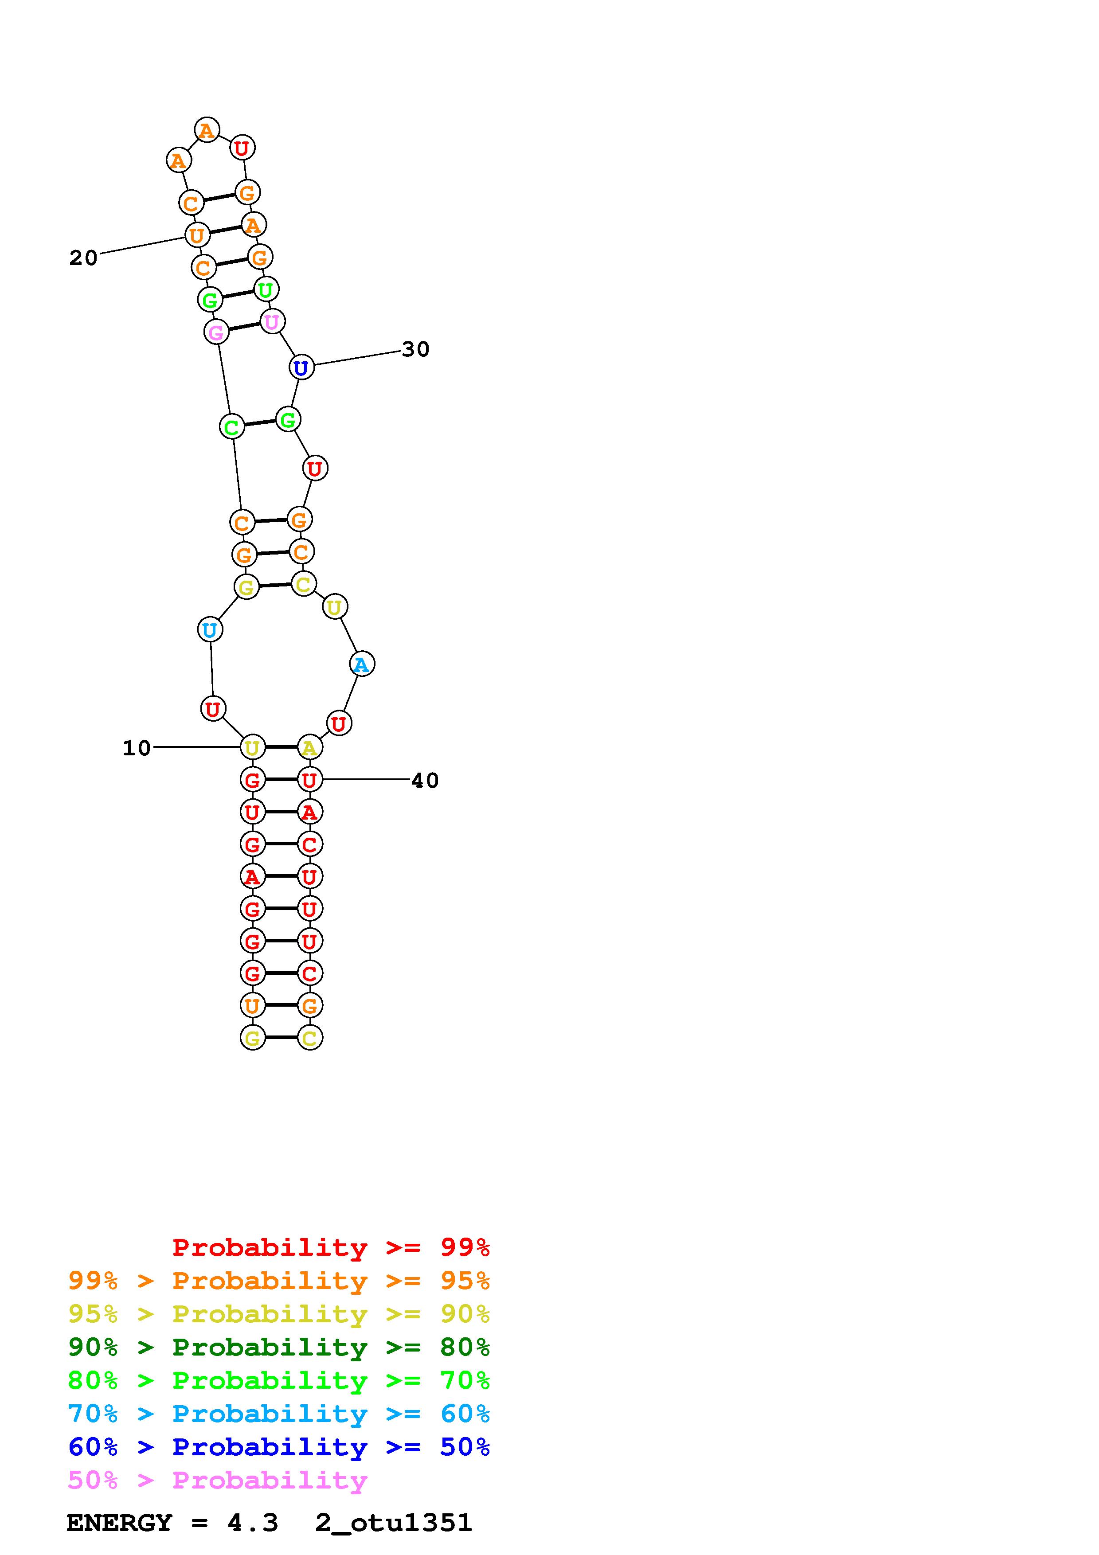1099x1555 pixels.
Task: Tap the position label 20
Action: tap(83, 258)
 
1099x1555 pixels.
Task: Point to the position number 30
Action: tap(416, 349)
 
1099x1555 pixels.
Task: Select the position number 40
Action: tap(425, 781)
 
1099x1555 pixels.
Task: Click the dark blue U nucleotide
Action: tap(301, 368)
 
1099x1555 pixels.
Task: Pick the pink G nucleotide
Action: tap(216, 332)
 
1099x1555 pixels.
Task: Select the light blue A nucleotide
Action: tap(362, 664)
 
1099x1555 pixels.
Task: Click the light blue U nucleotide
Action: tap(210, 630)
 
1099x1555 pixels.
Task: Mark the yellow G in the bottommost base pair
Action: tap(253, 1038)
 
